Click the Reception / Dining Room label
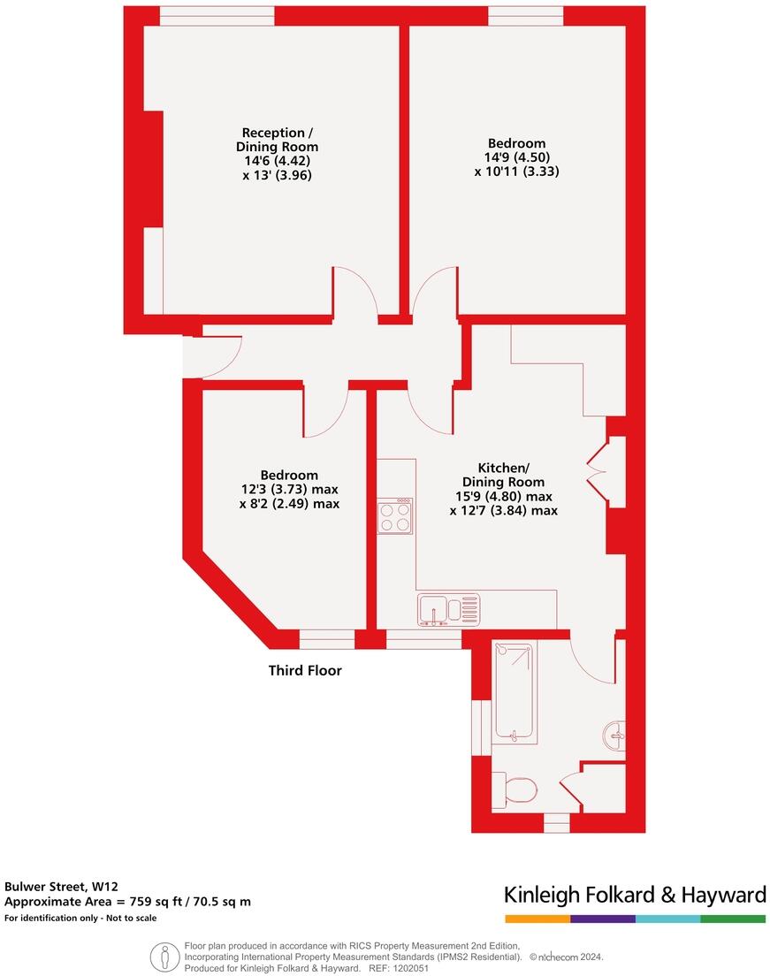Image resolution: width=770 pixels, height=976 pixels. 277,140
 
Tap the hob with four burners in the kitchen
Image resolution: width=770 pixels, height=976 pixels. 395,517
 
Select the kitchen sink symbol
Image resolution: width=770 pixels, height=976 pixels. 451,610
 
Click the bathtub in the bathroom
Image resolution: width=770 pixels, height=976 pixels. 514,690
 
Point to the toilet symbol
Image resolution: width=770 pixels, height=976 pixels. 516,789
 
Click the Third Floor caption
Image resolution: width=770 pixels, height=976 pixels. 305,671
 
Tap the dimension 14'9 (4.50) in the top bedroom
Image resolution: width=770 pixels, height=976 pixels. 516,157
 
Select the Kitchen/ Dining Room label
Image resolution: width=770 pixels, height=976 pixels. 503,475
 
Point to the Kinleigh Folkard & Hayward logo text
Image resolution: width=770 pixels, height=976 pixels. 635,895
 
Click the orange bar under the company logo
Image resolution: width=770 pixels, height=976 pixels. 537,919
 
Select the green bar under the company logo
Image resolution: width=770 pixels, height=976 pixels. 733,919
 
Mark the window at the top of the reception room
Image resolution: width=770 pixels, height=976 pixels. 217,16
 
